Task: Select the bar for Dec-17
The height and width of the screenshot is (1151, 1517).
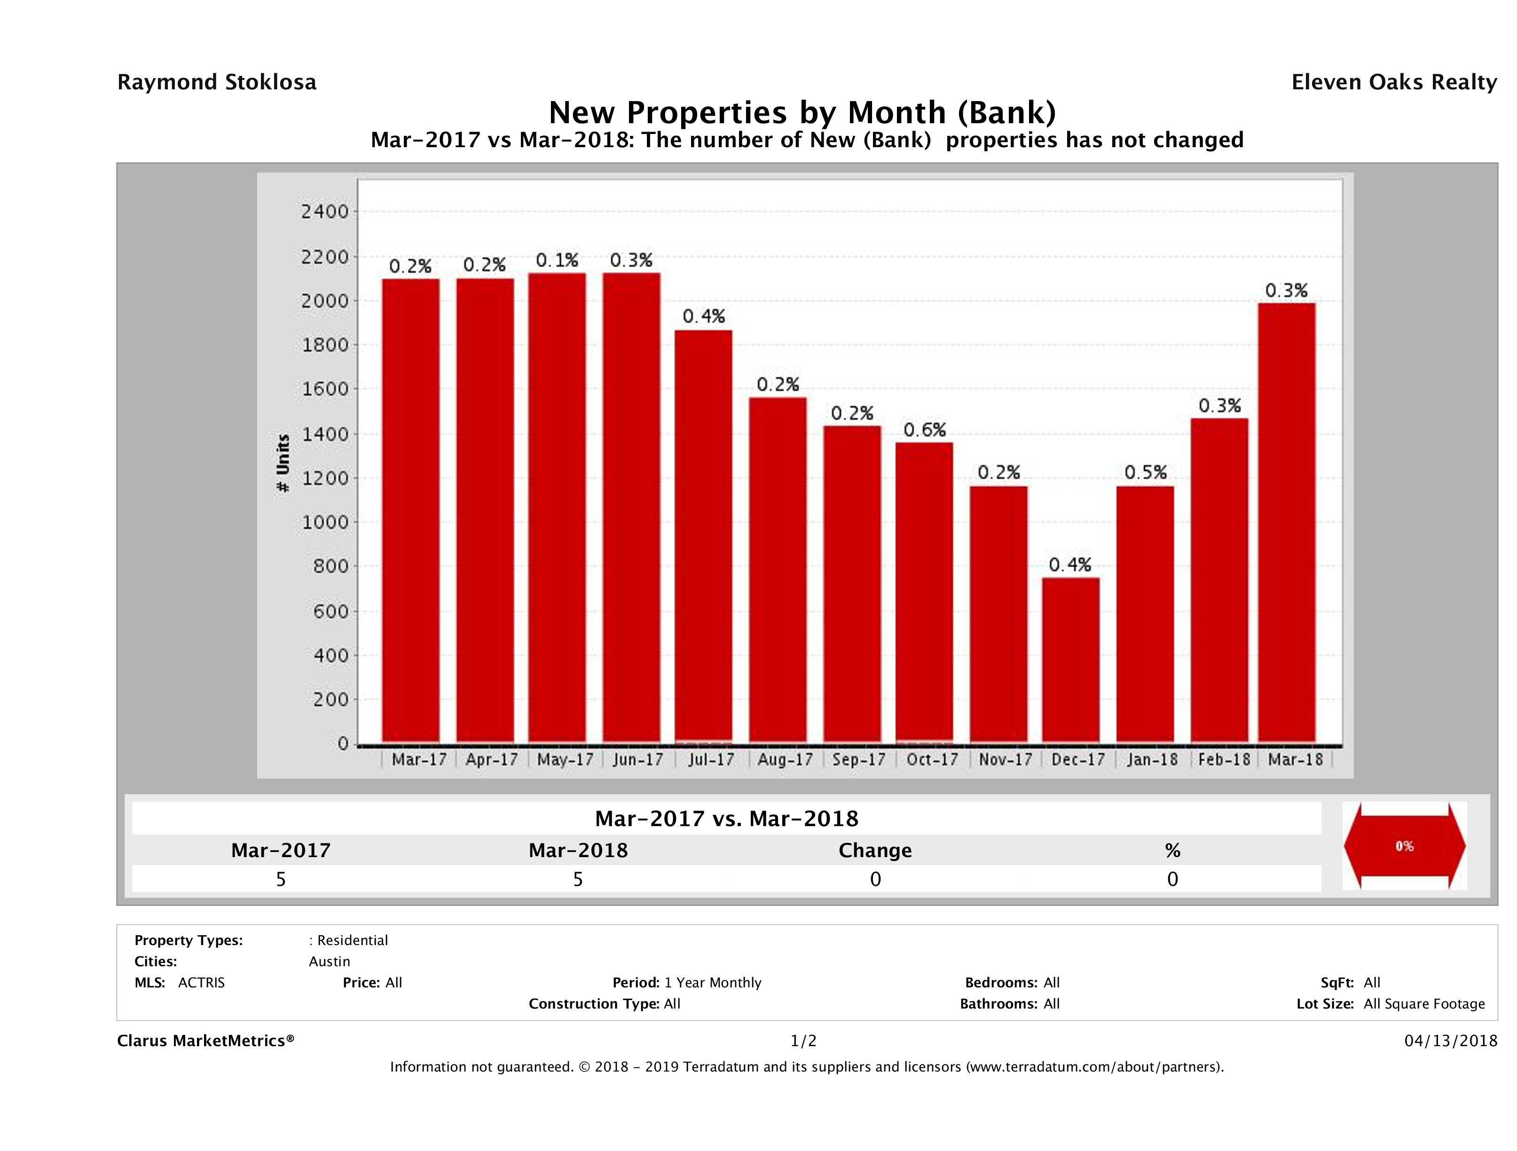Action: [1070, 660]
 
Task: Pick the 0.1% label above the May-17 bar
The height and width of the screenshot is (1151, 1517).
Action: [557, 260]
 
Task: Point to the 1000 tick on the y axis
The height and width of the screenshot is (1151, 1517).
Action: [325, 522]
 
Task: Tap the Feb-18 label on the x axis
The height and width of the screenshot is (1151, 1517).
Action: [1224, 760]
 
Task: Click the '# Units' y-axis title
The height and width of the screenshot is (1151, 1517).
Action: [283, 464]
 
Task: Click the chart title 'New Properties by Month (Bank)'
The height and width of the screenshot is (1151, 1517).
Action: [802, 112]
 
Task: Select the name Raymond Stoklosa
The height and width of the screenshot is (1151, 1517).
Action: [217, 82]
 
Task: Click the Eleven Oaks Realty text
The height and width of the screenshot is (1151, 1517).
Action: [1393, 82]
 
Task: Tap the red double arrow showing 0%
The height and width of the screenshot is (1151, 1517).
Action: [1404, 846]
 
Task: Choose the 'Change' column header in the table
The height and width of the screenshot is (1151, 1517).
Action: [875, 851]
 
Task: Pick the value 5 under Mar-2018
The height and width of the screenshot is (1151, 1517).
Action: [578, 879]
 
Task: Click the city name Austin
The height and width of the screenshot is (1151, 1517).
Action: [329, 962]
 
